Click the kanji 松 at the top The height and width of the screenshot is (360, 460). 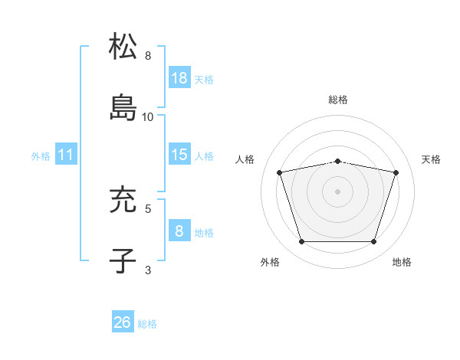coord(123,47)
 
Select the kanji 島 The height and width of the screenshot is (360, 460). coord(123,108)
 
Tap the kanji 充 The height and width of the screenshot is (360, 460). coord(123,200)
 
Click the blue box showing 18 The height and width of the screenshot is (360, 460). coord(179,77)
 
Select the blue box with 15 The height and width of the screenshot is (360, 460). coord(179,155)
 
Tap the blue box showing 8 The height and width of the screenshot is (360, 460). coord(179,230)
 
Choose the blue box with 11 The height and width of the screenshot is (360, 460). coord(66,155)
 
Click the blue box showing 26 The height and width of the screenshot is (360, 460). coord(123,322)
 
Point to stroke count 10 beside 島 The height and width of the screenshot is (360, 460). coord(148,117)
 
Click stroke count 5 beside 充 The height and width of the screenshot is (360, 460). coord(148,207)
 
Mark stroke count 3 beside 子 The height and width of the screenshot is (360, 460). coord(148,269)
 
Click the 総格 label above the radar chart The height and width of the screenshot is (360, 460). coord(338,100)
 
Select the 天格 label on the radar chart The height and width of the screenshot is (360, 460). coord(431,159)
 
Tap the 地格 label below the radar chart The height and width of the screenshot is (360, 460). coord(402,263)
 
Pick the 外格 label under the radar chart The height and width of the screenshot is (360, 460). coord(270,263)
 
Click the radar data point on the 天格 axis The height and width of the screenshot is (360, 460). coord(396,172)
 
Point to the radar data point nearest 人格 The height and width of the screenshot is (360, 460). coord(280,172)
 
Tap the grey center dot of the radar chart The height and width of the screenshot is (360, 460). coord(338,191)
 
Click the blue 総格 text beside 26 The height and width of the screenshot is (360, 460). coord(147,324)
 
